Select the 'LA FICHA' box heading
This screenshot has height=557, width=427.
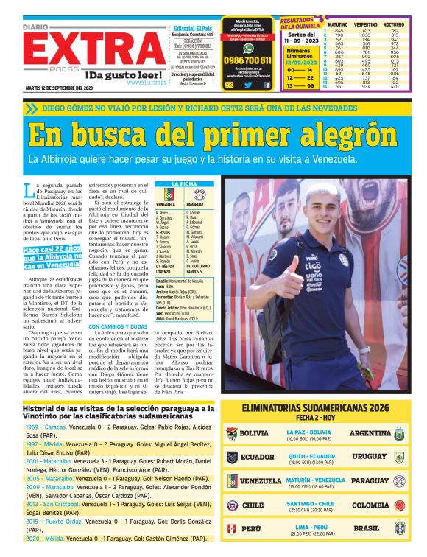tap(184, 183)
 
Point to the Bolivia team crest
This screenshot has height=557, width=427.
tap(232, 433)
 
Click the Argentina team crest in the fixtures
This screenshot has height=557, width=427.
tap(399, 433)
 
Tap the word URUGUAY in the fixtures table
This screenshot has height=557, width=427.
tap(369, 457)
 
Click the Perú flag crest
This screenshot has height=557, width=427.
tap(232, 528)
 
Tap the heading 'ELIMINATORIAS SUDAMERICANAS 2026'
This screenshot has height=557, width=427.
tap(316, 407)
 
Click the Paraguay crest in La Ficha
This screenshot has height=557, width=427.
tap(198, 195)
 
